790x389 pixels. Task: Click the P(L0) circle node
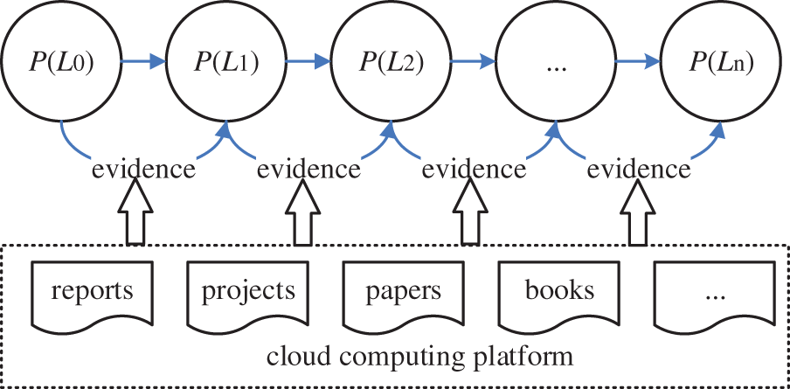point(62,62)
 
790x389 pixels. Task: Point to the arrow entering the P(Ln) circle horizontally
point(637,62)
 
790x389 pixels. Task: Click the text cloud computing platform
point(419,357)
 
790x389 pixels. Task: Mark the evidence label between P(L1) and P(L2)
point(308,169)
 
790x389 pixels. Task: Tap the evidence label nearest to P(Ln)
point(639,169)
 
